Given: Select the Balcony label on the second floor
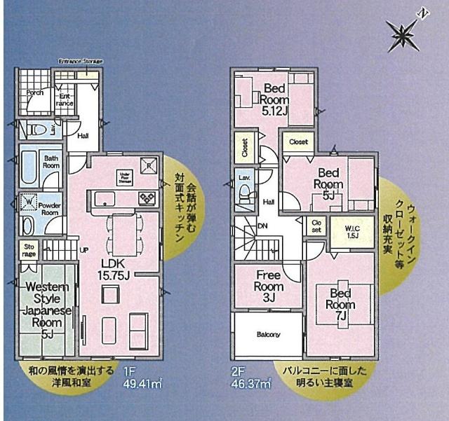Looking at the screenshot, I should (267, 334).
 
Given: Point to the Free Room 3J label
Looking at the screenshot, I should (269, 285).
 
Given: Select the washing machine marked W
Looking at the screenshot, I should (29, 202).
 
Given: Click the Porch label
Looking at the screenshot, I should (35, 92).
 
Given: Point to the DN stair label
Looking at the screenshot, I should (263, 226).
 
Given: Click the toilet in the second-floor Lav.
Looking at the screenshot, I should (245, 197).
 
